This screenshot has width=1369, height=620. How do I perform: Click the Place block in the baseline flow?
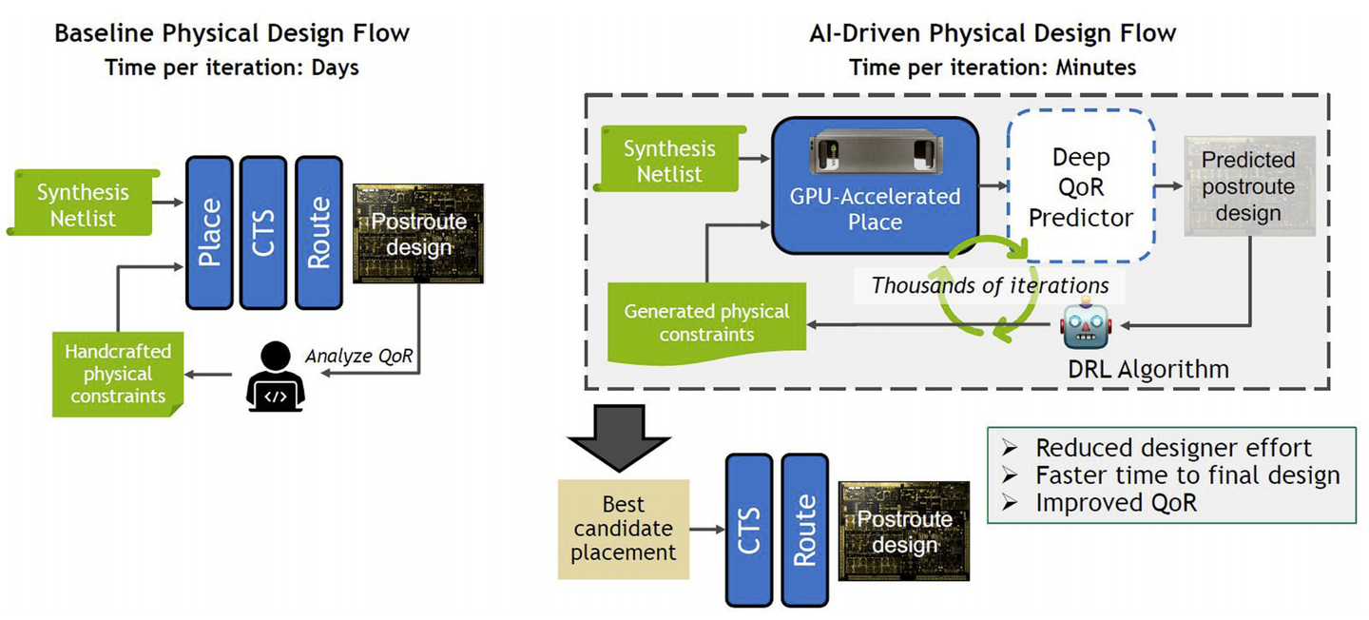tap(210, 232)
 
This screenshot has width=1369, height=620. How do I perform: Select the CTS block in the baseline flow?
tap(264, 232)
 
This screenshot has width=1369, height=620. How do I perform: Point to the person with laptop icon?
tap(275, 378)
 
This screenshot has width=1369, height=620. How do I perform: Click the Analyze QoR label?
tap(359, 356)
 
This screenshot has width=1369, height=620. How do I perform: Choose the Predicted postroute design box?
tap(1248, 186)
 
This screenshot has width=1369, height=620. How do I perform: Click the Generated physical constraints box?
tap(706, 323)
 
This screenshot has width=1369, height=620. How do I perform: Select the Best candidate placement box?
tap(623, 529)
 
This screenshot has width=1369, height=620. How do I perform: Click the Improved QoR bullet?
tap(1116, 503)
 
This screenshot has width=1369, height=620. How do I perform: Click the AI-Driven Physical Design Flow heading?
tap(992, 33)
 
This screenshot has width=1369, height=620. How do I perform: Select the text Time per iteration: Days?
tap(232, 68)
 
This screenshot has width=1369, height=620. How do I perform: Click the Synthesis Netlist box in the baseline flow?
tap(83, 204)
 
